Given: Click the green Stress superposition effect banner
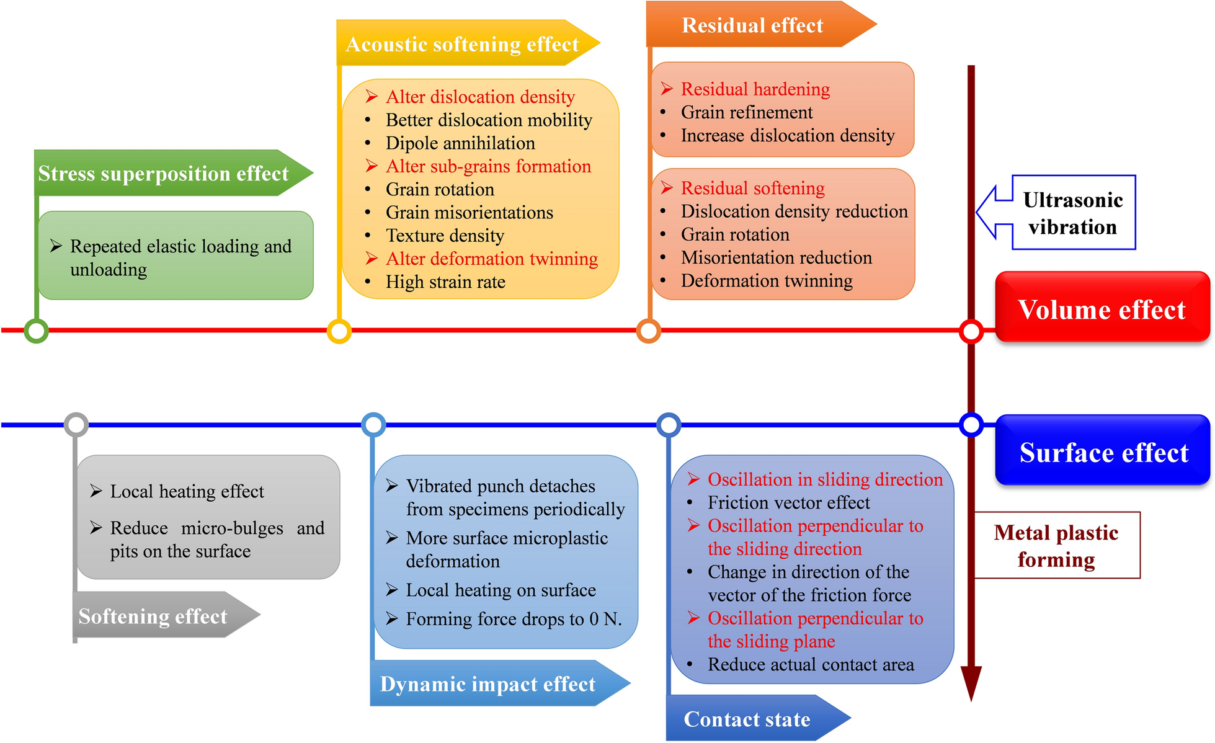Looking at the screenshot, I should pos(164,174).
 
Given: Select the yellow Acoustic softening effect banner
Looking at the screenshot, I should pos(462,44).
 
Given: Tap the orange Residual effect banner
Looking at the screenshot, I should pos(752,25).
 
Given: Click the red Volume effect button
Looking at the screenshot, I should pos(1102,309).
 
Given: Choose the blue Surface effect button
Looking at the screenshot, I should pos(1103,452).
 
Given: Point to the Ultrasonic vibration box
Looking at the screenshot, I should pos(1073,213).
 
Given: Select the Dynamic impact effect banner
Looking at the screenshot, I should pos(487,683).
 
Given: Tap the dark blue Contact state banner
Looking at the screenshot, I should pos(747,719).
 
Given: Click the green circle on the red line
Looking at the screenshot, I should pos(37,331).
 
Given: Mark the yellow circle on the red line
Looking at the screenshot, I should pos(339,331).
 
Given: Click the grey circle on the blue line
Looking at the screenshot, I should pos(76,425).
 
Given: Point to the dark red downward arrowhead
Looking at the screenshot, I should pos(971,683).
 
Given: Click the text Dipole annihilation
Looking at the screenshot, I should pos(460,143).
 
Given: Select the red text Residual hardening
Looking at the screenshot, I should pos(755,89).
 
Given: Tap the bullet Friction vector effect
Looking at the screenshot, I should pos(788,502).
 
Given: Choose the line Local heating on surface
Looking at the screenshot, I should pos(501,590).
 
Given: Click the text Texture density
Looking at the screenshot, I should pos(445,236).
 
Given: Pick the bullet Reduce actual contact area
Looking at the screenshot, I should pos(811,664).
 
